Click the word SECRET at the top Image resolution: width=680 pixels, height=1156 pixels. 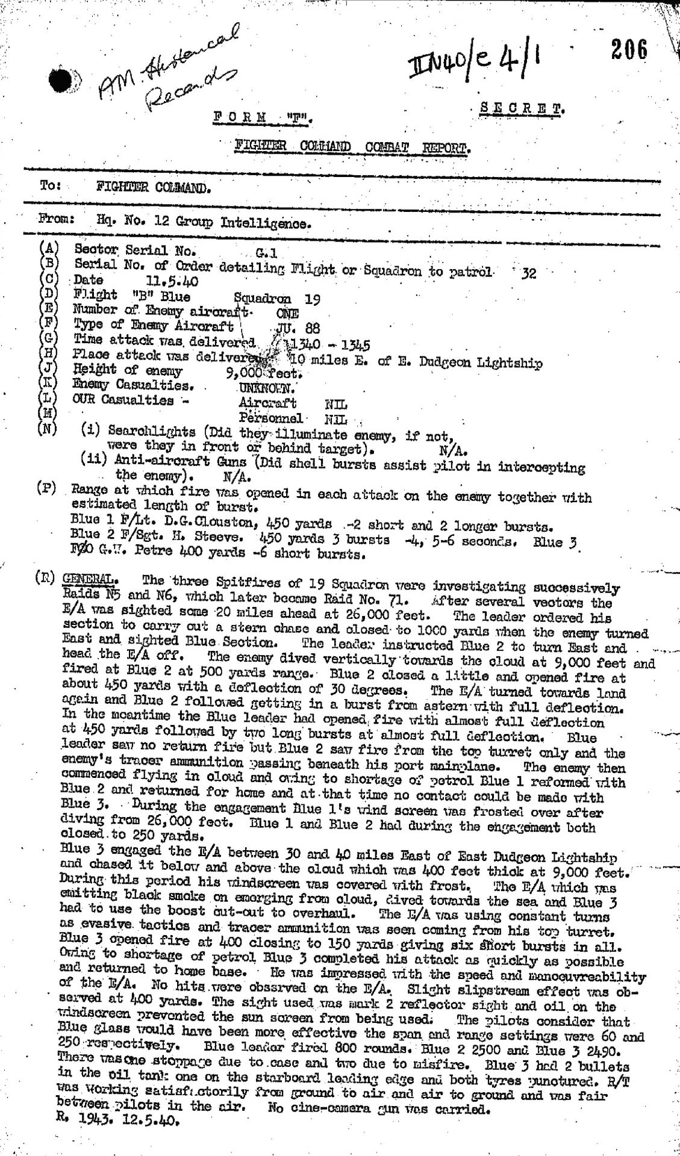pyautogui.click(x=522, y=110)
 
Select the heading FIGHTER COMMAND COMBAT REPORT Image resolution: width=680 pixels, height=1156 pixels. pyautogui.click(x=352, y=148)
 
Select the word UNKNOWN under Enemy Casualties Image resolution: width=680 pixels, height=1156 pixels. pyautogui.click(x=266, y=388)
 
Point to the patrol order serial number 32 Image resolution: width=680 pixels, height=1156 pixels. pyautogui.click(x=528, y=274)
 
